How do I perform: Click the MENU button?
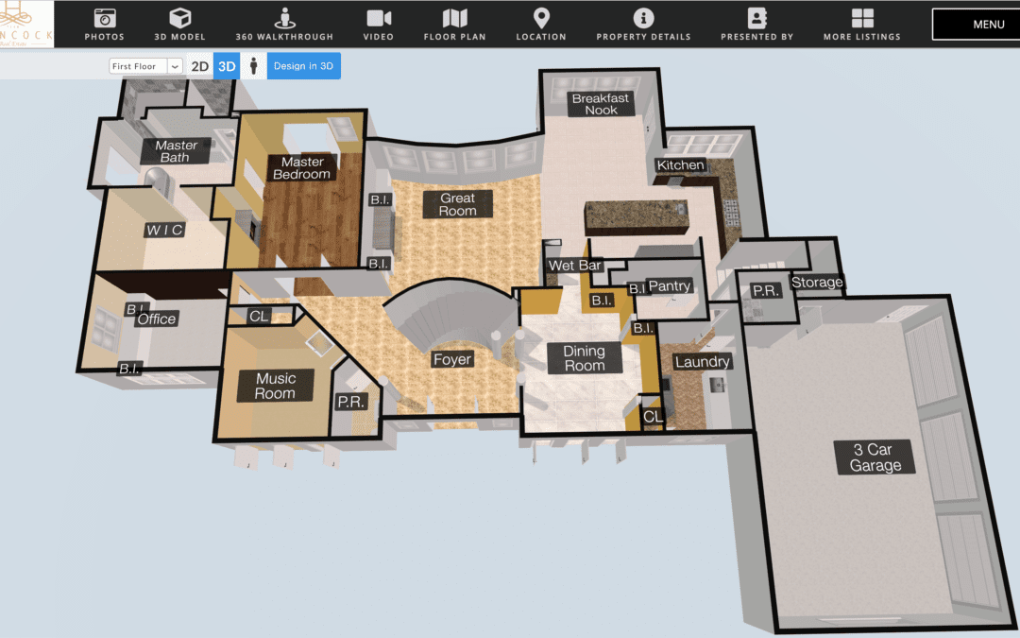(975, 25)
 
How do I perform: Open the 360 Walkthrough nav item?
(284, 25)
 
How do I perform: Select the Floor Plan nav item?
(454, 25)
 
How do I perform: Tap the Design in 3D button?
(303, 66)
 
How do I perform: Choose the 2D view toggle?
(199, 66)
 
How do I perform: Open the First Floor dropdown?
(146, 66)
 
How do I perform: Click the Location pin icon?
(541, 18)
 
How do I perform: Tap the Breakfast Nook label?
(601, 104)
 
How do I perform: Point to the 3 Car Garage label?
(875, 457)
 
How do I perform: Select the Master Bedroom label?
(302, 168)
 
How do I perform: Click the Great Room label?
(457, 204)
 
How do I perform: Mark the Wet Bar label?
(575, 266)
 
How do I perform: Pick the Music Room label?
(275, 386)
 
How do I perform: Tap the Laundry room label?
(702, 362)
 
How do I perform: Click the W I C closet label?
(163, 231)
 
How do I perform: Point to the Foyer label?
(451, 359)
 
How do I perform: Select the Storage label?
(817, 282)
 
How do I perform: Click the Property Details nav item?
(643, 25)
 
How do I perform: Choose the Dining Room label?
(584, 358)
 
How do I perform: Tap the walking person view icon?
(253, 66)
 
